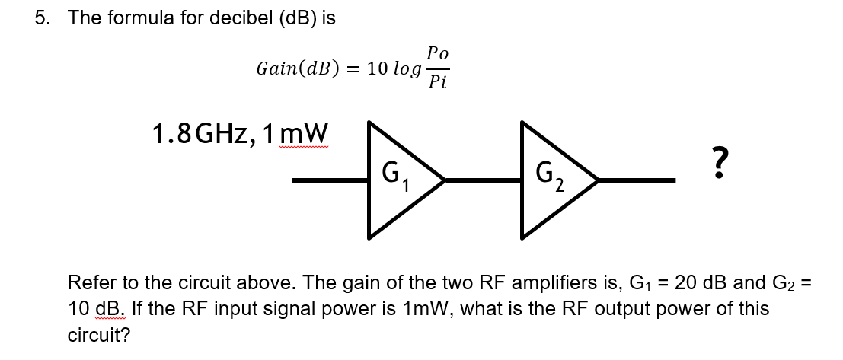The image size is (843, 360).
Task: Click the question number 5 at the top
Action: [40, 18]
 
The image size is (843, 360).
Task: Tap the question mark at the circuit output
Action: [714, 161]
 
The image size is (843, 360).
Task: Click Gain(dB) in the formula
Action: [298, 68]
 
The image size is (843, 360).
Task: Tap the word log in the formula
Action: [404, 68]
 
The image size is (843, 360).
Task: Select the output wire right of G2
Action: [637, 181]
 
